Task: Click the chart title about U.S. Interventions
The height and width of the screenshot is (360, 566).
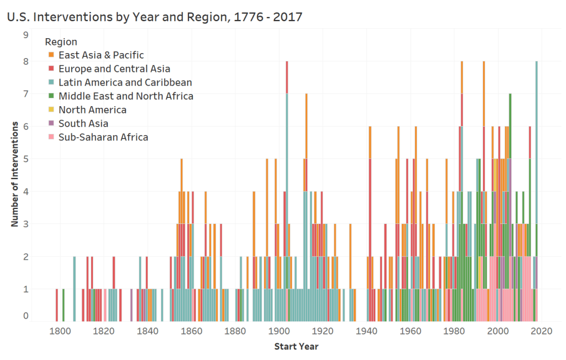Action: pyautogui.click(x=154, y=17)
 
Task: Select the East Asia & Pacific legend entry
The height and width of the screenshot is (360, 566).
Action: pyautogui.click(x=101, y=55)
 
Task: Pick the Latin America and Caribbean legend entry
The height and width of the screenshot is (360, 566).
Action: pyautogui.click(x=125, y=82)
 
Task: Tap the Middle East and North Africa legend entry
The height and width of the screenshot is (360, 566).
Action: pyautogui.click(x=125, y=96)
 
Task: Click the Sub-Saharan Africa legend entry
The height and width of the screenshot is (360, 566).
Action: pyautogui.click(x=103, y=137)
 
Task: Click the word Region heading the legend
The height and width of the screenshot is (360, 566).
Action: pyautogui.click(x=61, y=41)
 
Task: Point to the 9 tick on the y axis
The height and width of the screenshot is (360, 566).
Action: pyautogui.click(x=25, y=34)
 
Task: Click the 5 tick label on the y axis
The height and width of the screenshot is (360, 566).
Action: pyautogui.click(x=25, y=159)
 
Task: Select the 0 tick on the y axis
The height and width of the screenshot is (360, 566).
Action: pyautogui.click(x=25, y=316)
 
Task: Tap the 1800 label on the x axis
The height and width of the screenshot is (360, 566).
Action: pyautogui.click(x=60, y=332)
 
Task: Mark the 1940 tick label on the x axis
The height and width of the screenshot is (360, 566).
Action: pyautogui.click(x=367, y=332)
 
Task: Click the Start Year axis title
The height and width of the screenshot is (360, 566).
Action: pyautogui.click(x=296, y=347)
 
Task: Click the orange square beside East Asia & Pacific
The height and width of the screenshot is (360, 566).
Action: pyautogui.click(x=51, y=55)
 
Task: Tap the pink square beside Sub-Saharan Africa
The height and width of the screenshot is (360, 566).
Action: pyautogui.click(x=51, y=137)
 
